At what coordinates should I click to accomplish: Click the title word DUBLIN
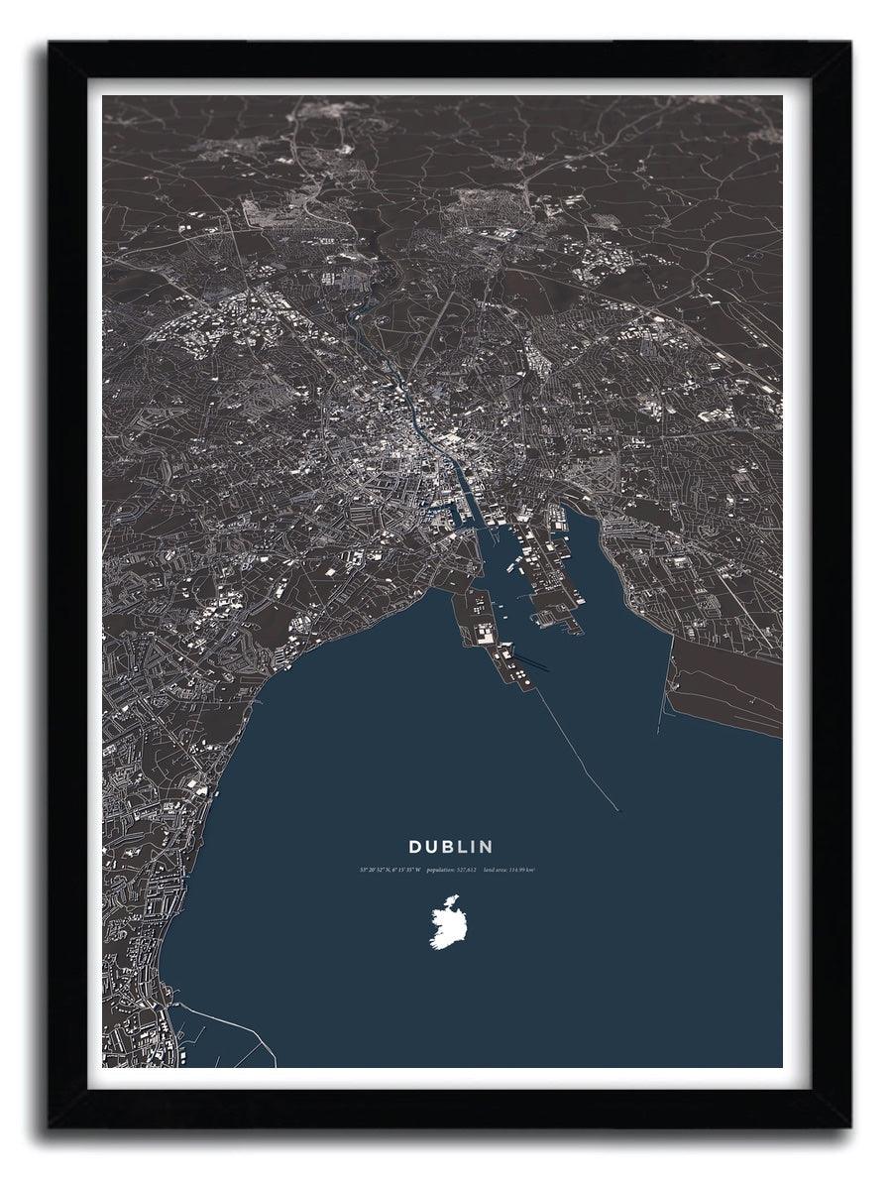click(x=451, y=847)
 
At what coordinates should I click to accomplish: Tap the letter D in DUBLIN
click(x=416, y=847)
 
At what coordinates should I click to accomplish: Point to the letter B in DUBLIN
click(x=451, y=847)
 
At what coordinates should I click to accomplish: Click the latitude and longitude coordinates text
click(x=390, y=870)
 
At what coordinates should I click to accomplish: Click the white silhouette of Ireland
click(x=447, y=922)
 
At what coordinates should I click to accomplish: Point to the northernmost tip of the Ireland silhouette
click(x=455, y=896)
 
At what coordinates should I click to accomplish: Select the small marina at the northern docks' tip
click(x=545, y=619)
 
